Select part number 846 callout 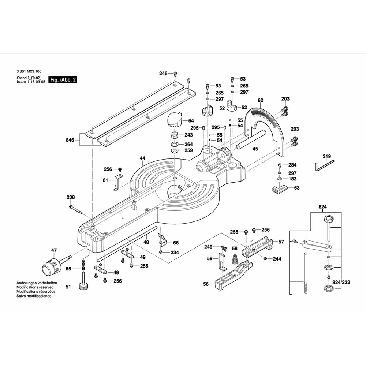tap(70, 140)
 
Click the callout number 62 tap(260, 100)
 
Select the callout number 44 tap(142, 158)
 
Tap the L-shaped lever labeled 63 tap(280, 189)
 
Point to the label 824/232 tap(341, 283)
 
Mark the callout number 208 tap(71, 197)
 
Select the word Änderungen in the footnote tap(28, 283)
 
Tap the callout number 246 tap(163, 74)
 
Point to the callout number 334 tap(175, 253)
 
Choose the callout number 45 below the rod tap(255, 149)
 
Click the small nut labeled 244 tap(264, 259)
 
